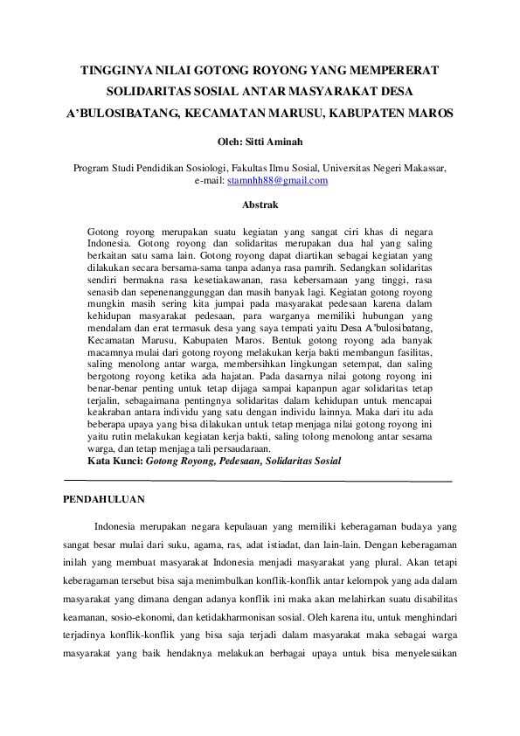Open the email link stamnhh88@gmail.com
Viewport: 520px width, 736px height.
click(x=277, y=181)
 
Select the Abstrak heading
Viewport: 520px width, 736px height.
click(x=260, y=205)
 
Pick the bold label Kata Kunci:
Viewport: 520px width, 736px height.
click(x=115, y=460)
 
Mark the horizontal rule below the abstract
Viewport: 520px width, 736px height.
click(x=260, y=481)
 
